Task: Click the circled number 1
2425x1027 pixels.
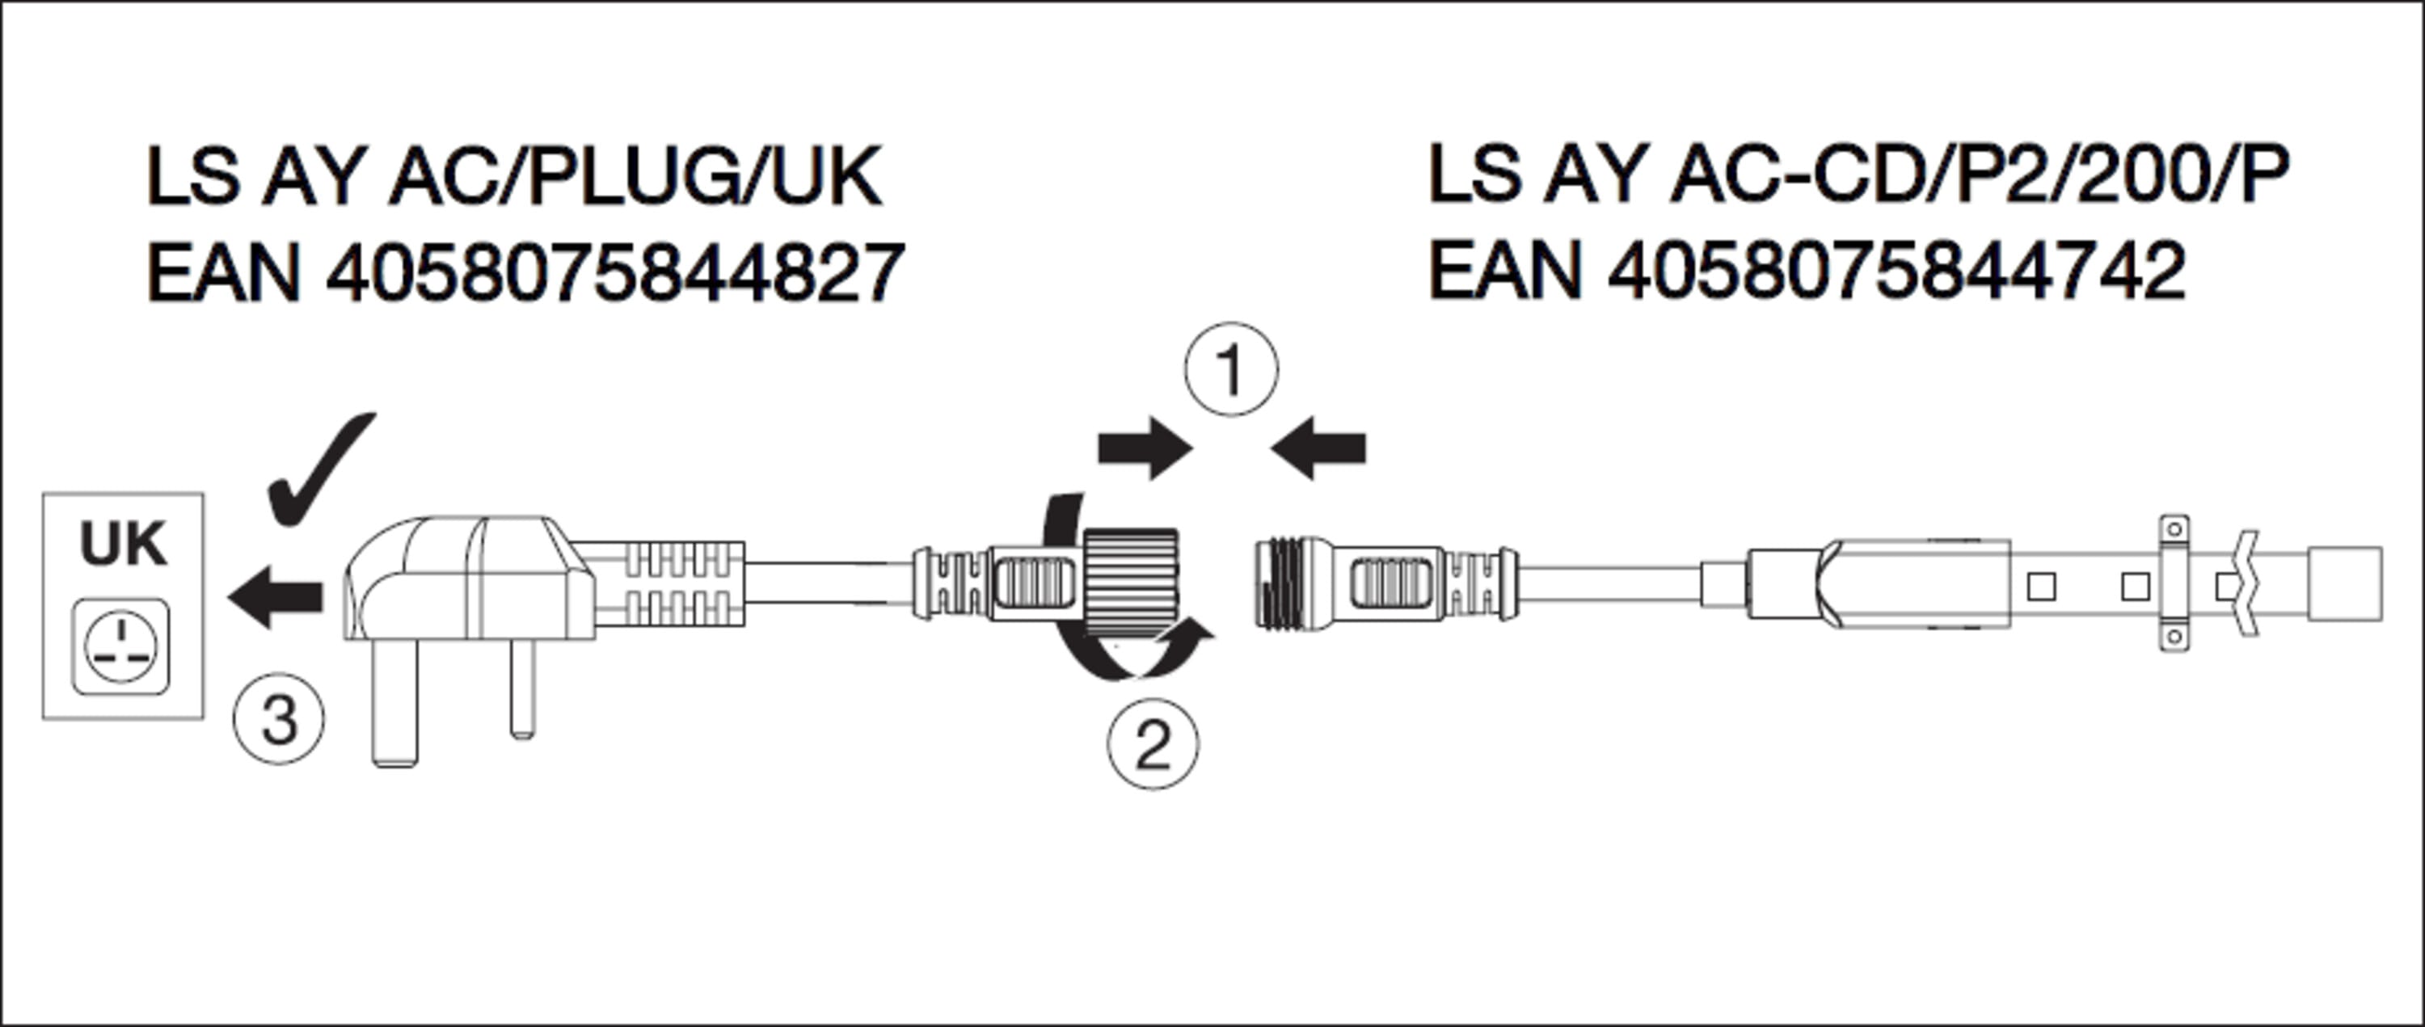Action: pos(1230,370)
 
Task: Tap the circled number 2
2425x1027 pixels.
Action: pos(1152,743)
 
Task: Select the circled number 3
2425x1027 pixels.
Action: pos(279,720)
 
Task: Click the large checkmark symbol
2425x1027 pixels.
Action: pos(320,470)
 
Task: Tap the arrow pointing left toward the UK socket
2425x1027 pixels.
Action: pos(275,596)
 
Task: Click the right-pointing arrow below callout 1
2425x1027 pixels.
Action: pos(1145,449)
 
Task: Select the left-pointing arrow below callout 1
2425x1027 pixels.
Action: pos(1318,449)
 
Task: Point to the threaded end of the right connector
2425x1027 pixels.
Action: pos(1276,583)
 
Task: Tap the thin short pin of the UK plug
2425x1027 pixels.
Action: pos(522,687)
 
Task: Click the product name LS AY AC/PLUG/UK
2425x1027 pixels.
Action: pos(514,176)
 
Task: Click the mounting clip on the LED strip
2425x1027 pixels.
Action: pos(2173,583)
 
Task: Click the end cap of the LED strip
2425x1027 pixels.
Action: pos(2344,583)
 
